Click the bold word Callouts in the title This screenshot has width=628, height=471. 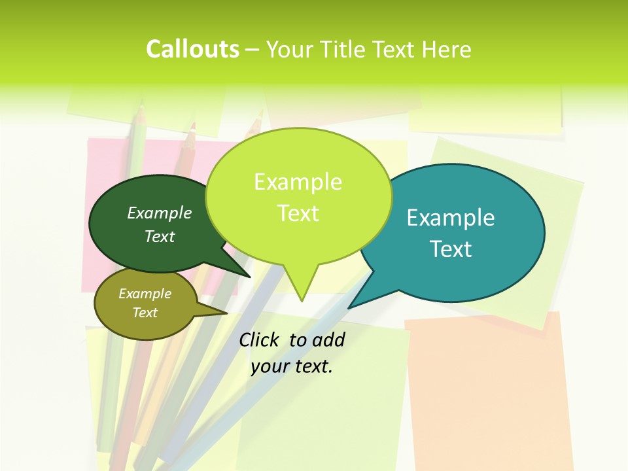[x=192, y=49]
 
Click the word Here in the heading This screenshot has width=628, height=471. [x=446, y=50]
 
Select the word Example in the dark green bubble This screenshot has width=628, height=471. [x=160, y=213]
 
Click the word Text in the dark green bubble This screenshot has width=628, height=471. [x=160, y=236]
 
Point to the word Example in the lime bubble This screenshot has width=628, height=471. [x=298, y=182]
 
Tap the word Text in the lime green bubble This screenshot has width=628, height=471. [x=298, y=213]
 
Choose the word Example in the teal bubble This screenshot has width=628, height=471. [x=451, y=218]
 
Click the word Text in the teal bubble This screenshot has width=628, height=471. [x=451, y=249]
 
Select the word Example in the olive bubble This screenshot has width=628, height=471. [x=145, y=294]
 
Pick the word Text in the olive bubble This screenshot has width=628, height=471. [x=145, y=313]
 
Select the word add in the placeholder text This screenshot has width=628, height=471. [x=328, y=340]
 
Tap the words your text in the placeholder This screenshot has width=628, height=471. [x=292, y=366]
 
